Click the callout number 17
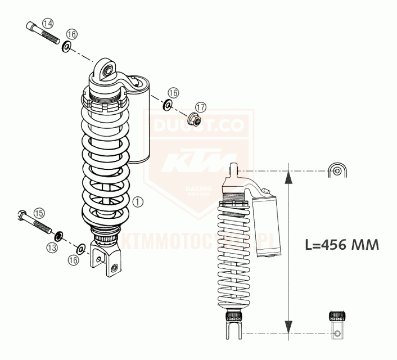(x=201, y=107)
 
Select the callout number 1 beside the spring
(x=139, y=200)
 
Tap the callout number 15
(x=39, y=213)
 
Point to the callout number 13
(x=52, y=247)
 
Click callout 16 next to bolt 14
(x=71, y=35)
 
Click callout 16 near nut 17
(x=173, y=92)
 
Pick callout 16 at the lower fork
(x=73, y=259)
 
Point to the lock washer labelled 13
(x=58, y=234)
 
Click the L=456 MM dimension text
(x=341, y=245)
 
